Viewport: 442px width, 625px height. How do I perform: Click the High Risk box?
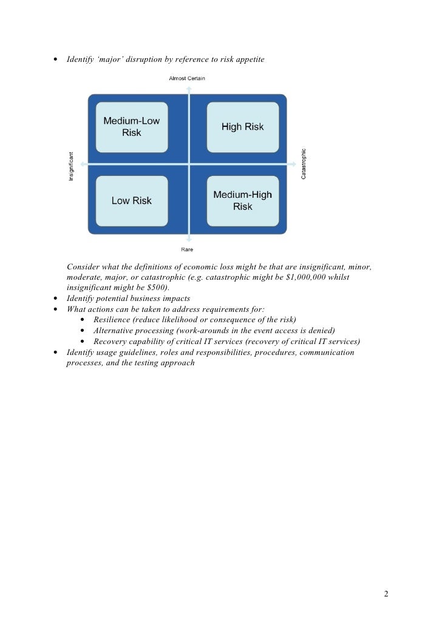tap(242, 127)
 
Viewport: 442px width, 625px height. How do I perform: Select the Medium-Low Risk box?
tap(132, 127)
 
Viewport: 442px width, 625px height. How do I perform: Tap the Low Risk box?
tap(132, 201)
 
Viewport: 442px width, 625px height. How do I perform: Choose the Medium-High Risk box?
tap(242, 201)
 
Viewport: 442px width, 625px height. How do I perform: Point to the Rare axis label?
tap(187, 249)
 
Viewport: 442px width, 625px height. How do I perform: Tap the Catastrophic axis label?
tap(304, 164)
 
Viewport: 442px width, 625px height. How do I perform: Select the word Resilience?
tap(112, 320)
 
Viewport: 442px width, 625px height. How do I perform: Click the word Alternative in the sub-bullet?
tap(115, 331)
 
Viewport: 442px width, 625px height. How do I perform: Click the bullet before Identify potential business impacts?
tap(56, 299)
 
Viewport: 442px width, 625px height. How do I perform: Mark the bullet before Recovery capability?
tap(83, 342)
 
